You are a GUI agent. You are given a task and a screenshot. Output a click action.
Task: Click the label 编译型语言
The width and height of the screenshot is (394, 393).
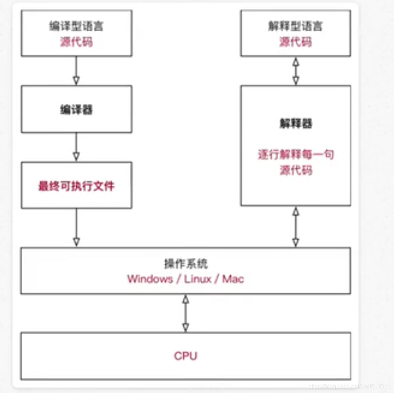click(76, 27)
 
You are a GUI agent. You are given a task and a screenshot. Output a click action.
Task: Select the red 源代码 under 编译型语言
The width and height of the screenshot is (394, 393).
click(76, 42)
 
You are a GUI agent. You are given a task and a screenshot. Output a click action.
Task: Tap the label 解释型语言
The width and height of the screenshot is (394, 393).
click(295, 27)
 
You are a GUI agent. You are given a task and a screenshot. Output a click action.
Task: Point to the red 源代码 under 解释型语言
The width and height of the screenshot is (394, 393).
click(295, 42)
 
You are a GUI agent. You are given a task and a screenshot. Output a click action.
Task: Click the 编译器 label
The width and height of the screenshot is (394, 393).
click(76, 109)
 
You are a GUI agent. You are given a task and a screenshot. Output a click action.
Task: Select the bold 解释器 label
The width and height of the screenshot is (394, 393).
click(295, 123)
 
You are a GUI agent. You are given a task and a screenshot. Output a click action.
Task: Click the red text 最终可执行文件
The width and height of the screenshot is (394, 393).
click(76, 186)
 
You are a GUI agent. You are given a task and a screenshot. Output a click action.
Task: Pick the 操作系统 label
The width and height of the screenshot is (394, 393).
click(185, 264)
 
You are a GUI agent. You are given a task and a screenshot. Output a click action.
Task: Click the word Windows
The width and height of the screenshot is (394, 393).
click(150, 279)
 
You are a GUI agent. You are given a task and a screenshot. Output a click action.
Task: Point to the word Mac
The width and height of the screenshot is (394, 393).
click(233, 279)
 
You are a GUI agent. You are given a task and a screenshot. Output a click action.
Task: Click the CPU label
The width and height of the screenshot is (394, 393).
click(185, 356)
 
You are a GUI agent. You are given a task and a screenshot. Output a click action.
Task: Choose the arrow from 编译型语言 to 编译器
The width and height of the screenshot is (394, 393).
click(76, 71)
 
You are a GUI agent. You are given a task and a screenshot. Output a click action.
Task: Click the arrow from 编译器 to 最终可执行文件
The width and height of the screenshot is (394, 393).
click(76, 147)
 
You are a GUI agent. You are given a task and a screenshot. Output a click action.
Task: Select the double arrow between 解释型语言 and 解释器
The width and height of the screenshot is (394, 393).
click(295, 71)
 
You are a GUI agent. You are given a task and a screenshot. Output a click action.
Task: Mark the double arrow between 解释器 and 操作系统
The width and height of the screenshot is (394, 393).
click(295, 227)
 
